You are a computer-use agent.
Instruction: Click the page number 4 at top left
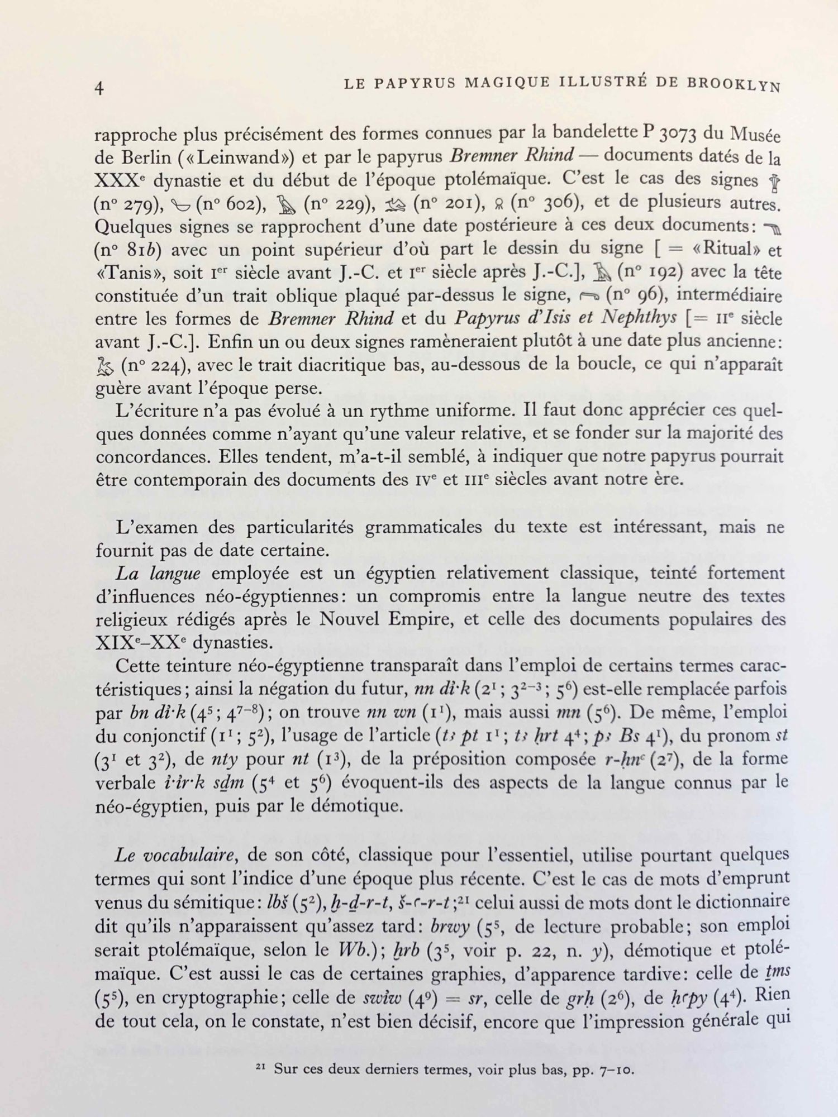click(x=100, y=88)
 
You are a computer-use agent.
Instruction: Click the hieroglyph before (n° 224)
click(x=105, y=365)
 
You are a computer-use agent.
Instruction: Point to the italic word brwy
click(x=451, y=927)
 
